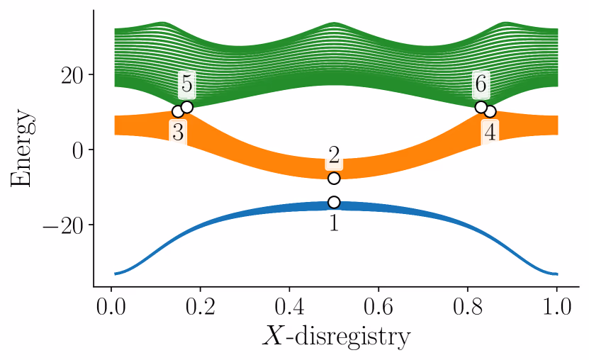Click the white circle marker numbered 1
tap(334, 202)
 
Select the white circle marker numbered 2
tap(334, 178)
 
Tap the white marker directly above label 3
tap(178, 111)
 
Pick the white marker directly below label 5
tap(187, 107)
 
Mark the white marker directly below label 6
tap(481, 107)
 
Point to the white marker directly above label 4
tap(490, 111)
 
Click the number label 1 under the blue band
tap(334, 223)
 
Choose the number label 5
tap(186, 84)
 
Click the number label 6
tap(481, 84)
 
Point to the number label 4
tap(490, 132)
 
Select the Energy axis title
tap(23, 150)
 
